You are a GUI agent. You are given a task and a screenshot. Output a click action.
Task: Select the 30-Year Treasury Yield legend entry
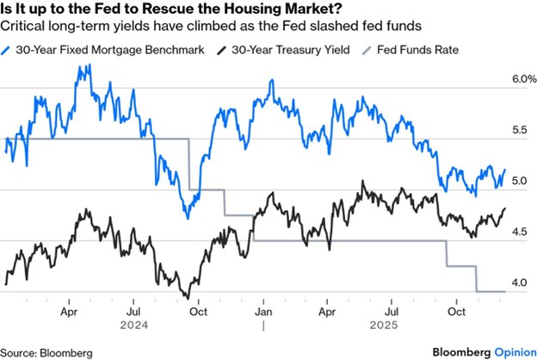click(283, 50)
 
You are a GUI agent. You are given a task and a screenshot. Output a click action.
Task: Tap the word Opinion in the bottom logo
click(512, 351)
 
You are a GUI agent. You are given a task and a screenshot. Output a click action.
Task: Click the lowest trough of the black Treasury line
click(188, 298)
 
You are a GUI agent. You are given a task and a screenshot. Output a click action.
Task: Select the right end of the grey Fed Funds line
click(505, 292)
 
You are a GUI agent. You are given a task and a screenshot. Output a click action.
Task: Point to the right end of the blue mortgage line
click(505, 171)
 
